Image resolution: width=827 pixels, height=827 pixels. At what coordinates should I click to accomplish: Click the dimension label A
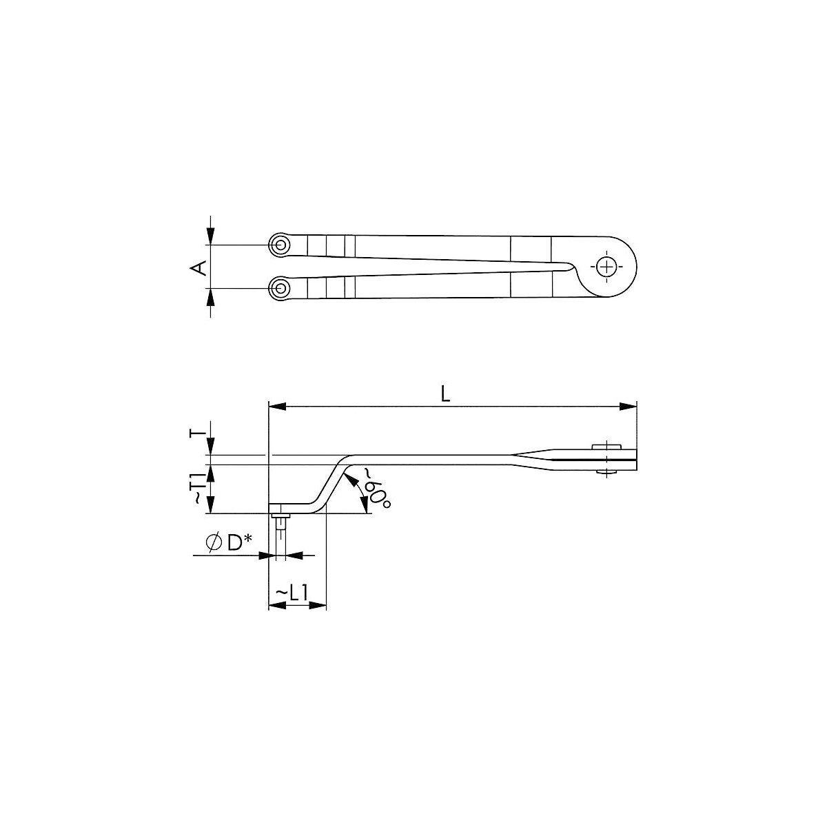click(x=198, y=268)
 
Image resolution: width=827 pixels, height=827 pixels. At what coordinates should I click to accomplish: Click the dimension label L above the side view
click(x=446, y=394)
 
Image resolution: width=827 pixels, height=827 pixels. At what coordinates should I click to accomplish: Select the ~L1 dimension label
click(x=292, y=593)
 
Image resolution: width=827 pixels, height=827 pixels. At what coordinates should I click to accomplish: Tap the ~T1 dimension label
click(x=198, y=488)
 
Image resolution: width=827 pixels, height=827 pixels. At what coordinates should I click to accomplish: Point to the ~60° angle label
click(x=377, y=490)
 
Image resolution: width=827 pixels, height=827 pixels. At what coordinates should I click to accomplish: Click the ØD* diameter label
click(x=229, y=543)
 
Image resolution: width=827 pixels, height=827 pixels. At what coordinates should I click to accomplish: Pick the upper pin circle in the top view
click(x=280, y=245)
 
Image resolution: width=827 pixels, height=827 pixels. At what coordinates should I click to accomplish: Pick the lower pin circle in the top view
click(x=280, y=288)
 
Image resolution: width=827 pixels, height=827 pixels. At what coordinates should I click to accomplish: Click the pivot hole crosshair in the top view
click(x=606, y=267)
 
